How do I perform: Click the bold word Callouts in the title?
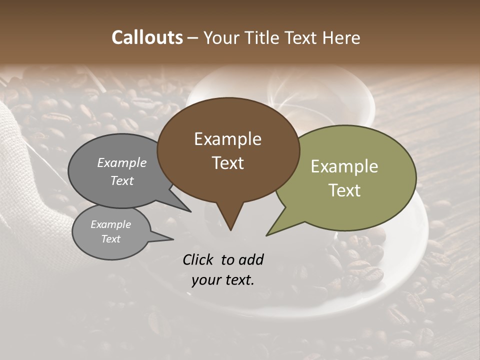coord(147,37)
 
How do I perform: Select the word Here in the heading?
coord(341,37)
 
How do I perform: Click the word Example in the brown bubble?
coord(227,139)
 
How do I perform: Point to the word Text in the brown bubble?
coord(227,163)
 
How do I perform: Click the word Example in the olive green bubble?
coord(344,166)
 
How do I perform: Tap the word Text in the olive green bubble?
coord(344,190)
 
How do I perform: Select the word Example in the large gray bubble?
coord(122,162)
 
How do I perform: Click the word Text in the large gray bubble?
coord(122,180)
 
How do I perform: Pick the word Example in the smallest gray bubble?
coord(110,224)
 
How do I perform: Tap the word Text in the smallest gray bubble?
coord(110,239)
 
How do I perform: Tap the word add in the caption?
coord(251,259)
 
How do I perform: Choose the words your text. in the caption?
coord(222,280)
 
